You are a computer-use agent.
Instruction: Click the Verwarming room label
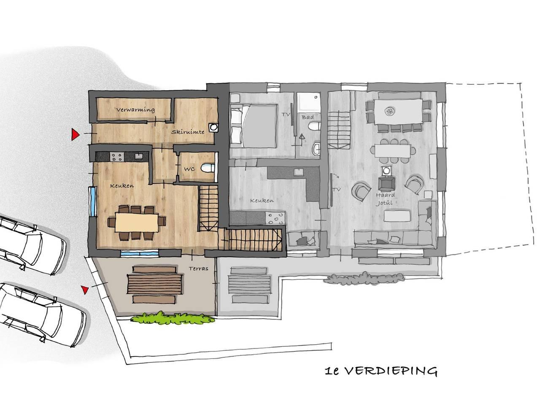click(x=135, y=110)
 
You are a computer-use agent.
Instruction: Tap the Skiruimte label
click(x=188, y=132)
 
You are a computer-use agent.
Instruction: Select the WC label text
click(x=189, y=169)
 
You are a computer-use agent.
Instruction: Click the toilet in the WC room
click(x=208, y=168)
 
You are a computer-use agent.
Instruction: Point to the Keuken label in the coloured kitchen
click(x=122, y=186)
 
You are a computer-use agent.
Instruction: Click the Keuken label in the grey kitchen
click(x=262, y=200)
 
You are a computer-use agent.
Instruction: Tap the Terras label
click(x=199, y=269)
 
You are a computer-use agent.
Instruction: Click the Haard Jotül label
click(x=385, y=199)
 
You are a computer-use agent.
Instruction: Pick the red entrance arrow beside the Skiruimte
click(x=75, y=134)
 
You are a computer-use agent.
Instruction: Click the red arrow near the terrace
click(x=85, y=290)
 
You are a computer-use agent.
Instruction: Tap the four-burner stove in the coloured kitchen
click(x=116, y=157)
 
